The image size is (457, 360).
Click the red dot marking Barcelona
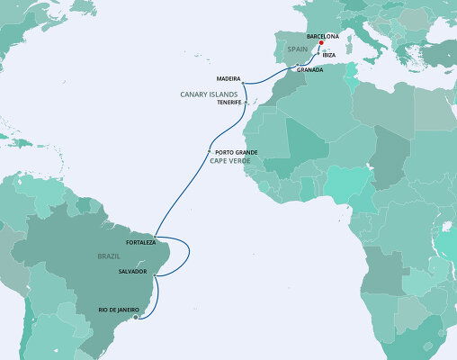[x=320, y=42]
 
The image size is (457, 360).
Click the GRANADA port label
[x=309, y=69]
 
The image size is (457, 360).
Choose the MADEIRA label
[x=228, y=79]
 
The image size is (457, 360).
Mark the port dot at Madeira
[x=243, y=84]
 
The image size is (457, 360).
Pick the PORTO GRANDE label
[x=237, y=152]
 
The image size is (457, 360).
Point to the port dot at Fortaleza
[x=156, y=236]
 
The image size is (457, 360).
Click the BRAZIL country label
[x=109, y=256]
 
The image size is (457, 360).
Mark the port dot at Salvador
[x=155, y=276]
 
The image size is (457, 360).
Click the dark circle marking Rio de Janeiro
[x=136, y=317]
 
